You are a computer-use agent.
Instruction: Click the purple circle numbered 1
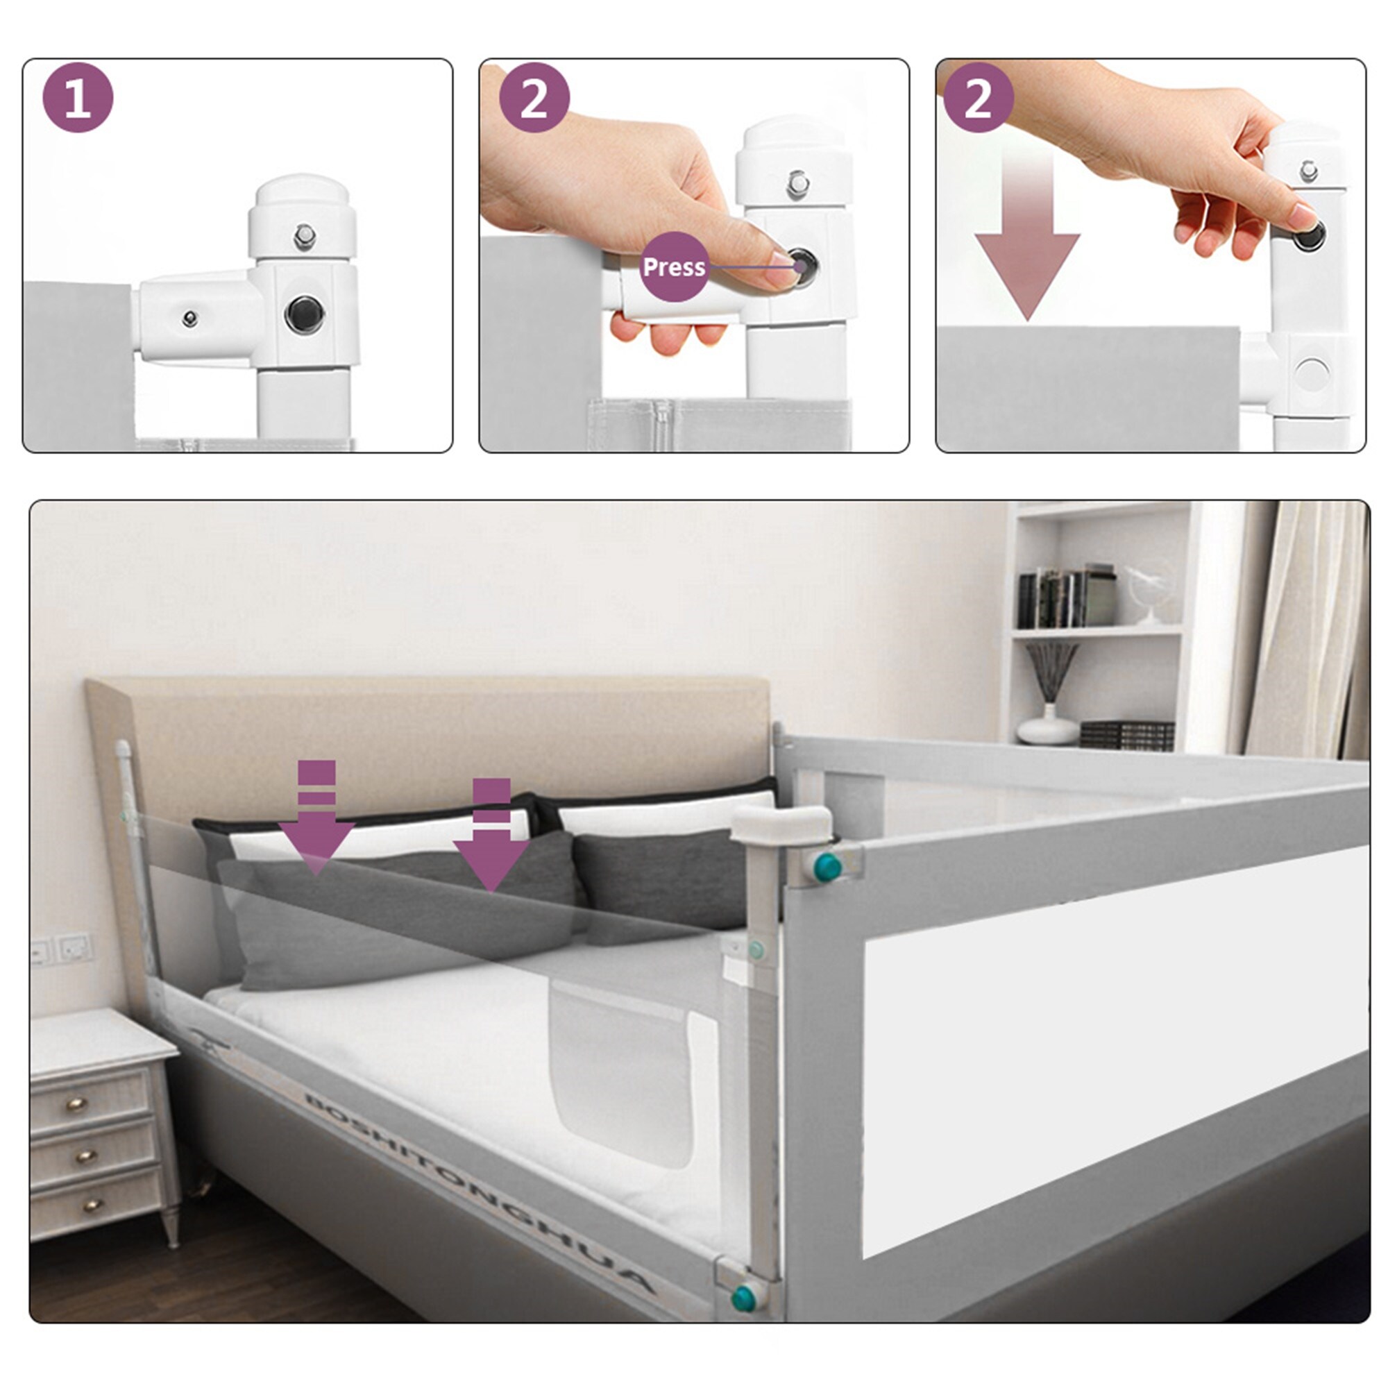(78, 98)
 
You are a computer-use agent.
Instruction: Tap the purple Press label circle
(673, 266)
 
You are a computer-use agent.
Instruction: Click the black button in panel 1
(305, 314)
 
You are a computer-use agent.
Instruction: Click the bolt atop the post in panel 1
(305, 236)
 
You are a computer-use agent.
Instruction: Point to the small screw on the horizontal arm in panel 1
(189, 318)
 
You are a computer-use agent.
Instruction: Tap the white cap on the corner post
(781, 822)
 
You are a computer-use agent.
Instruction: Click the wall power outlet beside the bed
(74, 947)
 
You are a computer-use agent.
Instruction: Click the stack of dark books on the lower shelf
(1126, 734)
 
